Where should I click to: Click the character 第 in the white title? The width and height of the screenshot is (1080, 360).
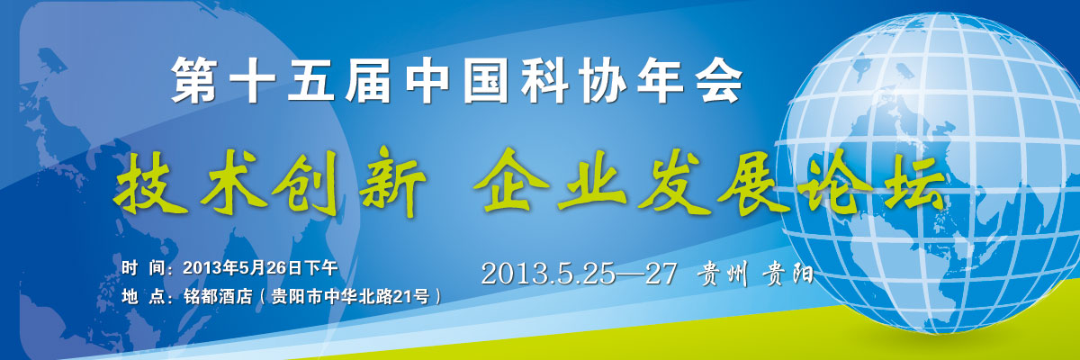[x=193, y=79]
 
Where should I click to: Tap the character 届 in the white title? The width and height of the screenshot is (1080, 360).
[x=368, y=79]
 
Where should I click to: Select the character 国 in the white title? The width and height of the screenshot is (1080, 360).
[x=485, y=79]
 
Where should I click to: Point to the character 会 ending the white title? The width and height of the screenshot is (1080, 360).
[x=718, y=79]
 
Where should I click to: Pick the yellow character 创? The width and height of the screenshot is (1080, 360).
[x=305, y=182]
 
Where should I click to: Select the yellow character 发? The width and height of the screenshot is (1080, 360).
[x=675, y=183]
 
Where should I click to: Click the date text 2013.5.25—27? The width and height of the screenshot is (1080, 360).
[x=580, y=274]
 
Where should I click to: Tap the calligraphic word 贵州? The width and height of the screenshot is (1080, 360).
[x=722, y=274]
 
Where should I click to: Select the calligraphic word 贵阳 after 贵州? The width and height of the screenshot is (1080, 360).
[x=787, y=274]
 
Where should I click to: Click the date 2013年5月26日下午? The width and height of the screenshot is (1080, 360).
[x=260, y=268]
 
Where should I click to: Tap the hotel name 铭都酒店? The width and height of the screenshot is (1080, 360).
[x=218, y=296]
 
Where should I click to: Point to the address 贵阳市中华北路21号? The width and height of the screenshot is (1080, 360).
[x=350, y=296]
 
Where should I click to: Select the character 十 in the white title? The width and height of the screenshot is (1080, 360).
[x=252, y=79]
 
